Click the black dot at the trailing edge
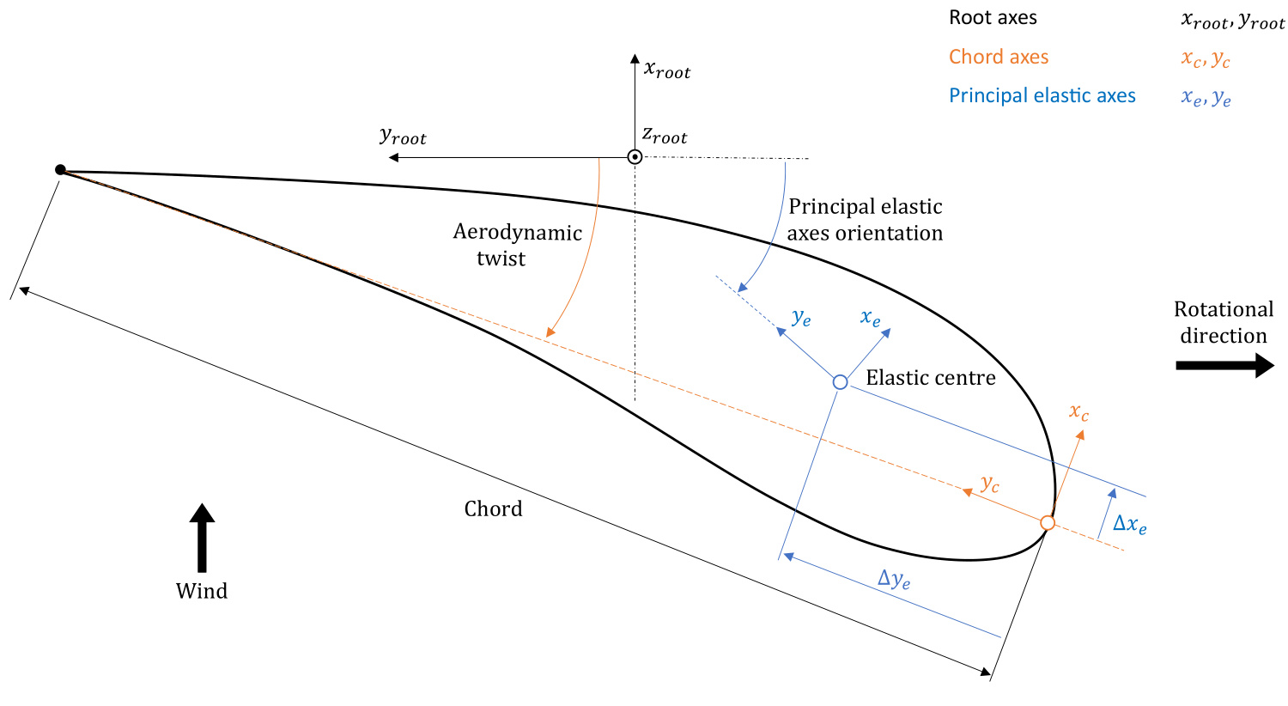click(60, 170)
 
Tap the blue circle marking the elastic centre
click(841, 382)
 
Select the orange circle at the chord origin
click(1047, 522)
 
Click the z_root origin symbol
click(635, 157)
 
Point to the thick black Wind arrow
click(202, 538)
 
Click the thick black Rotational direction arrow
click(1224, 366)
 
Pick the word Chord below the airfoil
click(493, 509)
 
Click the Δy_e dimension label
click(893, 579)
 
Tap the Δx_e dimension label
click(1129, 524)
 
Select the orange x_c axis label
click(1078, 412)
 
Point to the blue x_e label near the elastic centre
click(870, 319)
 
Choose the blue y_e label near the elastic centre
click(801, 318)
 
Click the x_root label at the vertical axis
click(667, 70)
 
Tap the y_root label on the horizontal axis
click(403, 137)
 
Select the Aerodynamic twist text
click(517, 246)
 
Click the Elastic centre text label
click(931, 378)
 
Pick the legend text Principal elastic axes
click(1042, 96)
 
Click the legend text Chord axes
click(999, 58)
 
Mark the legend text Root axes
click(993, 18)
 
